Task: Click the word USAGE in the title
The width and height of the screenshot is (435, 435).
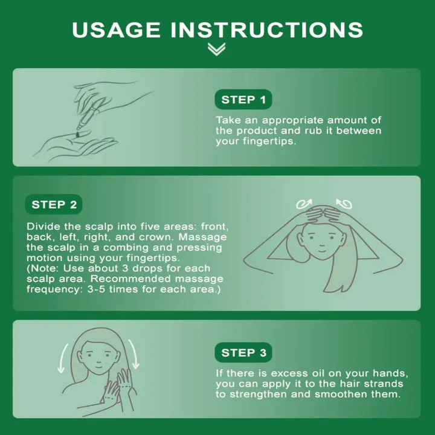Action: click(116, 30)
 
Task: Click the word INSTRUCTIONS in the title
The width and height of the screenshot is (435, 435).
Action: click(267, 30)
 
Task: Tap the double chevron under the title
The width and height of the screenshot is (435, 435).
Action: click(216, 49)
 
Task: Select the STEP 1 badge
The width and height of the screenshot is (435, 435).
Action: click(243, 99)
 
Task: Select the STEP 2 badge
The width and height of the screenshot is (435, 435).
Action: click(54, 204)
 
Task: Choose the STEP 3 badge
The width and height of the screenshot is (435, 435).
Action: click(243, 352)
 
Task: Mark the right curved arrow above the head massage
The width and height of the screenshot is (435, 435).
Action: click(344, 204)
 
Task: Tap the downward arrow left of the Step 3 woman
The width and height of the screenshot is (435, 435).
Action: click(63, 358)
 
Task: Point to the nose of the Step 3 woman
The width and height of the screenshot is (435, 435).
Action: click(98, 361)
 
